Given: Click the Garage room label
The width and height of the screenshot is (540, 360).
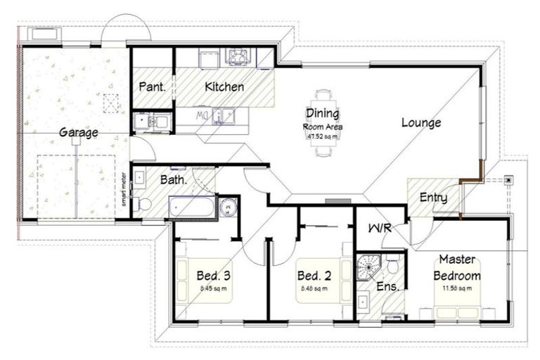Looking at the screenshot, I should (78, 132).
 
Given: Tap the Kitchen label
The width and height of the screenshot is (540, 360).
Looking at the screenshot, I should (224, 87).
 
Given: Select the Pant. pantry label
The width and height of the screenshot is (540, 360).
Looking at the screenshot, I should (152, 87).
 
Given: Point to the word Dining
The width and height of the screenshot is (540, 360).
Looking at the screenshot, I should (322, 113).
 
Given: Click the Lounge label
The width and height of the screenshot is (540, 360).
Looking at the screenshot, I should (421, 122).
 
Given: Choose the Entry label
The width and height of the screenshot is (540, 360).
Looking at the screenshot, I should (433, 198).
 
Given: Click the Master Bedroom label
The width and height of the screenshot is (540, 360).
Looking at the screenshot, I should (457, 268).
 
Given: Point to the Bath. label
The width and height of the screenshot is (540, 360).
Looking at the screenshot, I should (173, 179).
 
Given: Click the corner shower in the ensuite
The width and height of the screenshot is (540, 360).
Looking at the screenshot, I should (367, 266).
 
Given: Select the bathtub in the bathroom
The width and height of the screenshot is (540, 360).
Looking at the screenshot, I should (191, 207).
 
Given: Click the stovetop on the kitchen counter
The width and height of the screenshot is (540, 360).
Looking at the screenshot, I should (238, 56).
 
